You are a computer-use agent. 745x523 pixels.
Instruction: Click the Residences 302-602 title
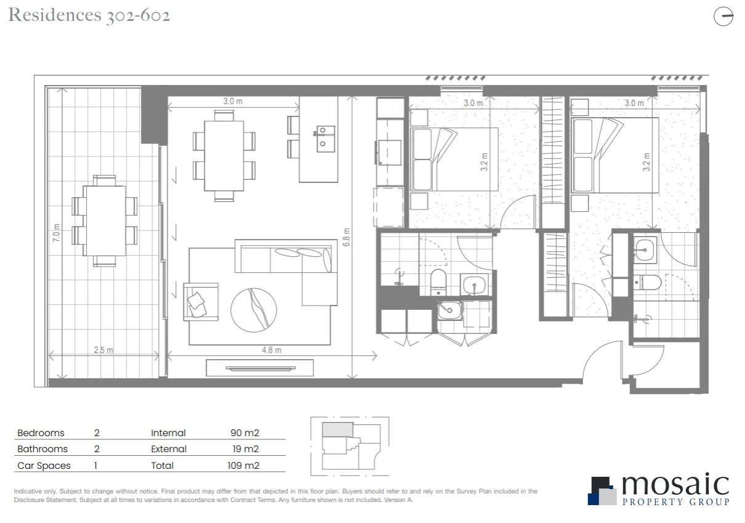pyautogui.click(x=89, y=15)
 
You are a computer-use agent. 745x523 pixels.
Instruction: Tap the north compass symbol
pyautogui.click(x=723, y=17)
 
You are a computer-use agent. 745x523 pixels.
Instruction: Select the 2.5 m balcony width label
pyautogui.click(x=103, y=350)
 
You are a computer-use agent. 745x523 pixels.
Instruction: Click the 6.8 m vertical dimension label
pyautogui.click(x=347, y=235)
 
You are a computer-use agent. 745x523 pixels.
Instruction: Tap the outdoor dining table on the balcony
pyautogui.click(x=105, y=221)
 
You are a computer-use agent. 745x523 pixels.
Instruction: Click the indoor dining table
pyautogui.click(x=224, y=155)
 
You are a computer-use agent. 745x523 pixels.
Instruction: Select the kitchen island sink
pyautogui.click(x=326, y=139)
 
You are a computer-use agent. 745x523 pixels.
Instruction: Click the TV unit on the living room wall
pyautogui.click(x=260, y=368)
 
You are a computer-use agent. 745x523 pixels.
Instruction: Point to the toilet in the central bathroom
pyautogui.click(x=439, y=280)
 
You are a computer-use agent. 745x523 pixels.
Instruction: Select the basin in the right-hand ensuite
pyautogui.click(x=646, y=249)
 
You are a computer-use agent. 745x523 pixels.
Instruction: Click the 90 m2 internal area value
pyautogui.click(x=244, y=433)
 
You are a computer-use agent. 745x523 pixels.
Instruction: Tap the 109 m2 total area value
pyautogui.click(x=243, y=466)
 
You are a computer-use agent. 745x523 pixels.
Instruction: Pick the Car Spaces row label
pyautogui.click(x=44, y=466)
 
